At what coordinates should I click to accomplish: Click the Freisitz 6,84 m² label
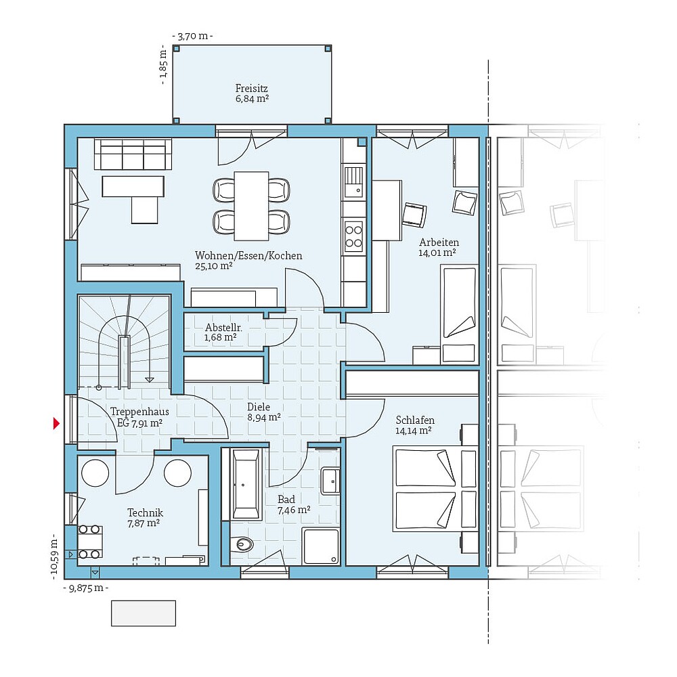[x=252, y=93]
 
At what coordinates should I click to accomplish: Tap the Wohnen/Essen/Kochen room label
[x=248, y=261]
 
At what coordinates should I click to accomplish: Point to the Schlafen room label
[x=415, y=425]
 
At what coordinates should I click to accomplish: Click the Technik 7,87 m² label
[x=145, y=518]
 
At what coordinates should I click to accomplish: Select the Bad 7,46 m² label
[x=293, y=504]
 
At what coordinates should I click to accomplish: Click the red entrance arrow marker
[x=57, y=424]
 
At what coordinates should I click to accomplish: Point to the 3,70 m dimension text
[x=192, y=36]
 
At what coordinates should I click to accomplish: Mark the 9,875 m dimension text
[x=85, y=588]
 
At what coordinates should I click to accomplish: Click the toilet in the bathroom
[x=242, y=543]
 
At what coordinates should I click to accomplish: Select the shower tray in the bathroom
[x=321, y=546]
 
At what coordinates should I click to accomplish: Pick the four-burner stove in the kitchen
[x=353, y=236]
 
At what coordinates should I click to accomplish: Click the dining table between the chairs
[x=251, y=205]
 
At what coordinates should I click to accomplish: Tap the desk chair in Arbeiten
[x=415, y=214]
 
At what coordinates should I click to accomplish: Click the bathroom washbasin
[x=330, y=480]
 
